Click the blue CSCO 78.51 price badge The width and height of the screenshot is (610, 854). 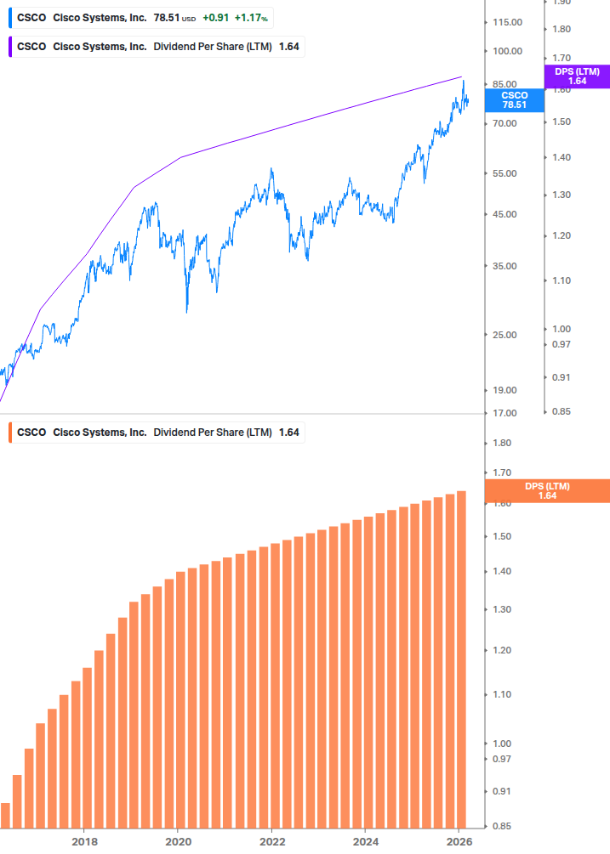[x=514, y=100]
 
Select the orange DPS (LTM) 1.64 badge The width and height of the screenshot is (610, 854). [x=547, y=490]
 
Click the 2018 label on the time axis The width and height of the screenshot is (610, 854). [x=83, y=841]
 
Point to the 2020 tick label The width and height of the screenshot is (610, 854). [x=177, y=841]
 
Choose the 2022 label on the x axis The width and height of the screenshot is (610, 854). [x=271, y=841]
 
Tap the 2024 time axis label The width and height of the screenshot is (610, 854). [x=365, y=841]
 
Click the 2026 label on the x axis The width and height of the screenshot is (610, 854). [x=459, y=841]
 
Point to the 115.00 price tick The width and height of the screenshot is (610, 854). [x=507, y=22]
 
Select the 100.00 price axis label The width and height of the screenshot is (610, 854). [x=507, y=51]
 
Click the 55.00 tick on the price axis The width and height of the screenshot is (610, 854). [x=505, y=173]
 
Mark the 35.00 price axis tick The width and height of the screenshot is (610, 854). [x=505, y=266]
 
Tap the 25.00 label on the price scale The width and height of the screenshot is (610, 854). [x=505, y=335]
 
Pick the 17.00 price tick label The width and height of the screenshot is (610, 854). [x=505, y=413]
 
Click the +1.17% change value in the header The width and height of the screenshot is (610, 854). [x=252, y=17]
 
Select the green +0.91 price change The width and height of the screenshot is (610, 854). [x=214, y=17]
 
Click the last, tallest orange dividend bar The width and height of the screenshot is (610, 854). [x=461, y=659]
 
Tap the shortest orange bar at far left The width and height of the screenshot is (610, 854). [x=5, y=815]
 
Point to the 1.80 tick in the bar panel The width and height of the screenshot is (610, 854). [x=501, y=444]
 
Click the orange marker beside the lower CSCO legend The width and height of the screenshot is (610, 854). [x=9, y=432]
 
